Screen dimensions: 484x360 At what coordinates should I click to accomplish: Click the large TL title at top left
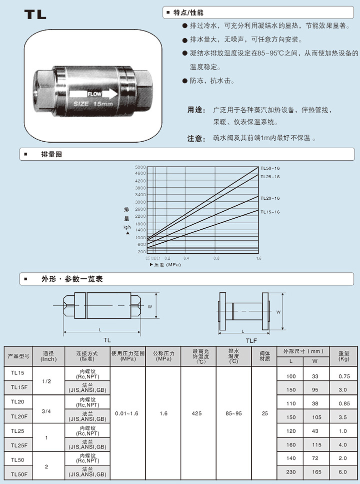[35, 15]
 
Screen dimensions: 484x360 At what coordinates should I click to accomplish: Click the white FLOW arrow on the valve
[93, 94]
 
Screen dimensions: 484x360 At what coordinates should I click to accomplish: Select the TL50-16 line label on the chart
[270, 168]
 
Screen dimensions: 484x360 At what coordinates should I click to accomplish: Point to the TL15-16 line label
[270, 212]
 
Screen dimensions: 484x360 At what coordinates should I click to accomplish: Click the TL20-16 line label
[270, 198]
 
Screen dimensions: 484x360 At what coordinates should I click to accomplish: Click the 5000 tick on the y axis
[140, 167]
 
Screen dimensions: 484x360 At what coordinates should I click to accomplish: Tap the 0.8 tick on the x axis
[216, 258]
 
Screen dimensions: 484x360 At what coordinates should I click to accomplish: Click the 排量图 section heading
[51, 155]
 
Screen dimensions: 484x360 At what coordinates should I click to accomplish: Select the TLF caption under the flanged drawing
[251, 340]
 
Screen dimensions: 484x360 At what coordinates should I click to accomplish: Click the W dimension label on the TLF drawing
[278, 311]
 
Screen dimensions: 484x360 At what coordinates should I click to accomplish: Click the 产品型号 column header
[19, 356]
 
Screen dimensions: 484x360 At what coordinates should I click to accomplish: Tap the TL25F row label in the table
[18, 444]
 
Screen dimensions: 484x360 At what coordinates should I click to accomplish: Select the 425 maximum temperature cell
[198, 414]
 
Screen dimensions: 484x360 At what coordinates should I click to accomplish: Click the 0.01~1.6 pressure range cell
[127, 414]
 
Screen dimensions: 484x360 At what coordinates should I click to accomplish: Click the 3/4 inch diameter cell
[46, 411]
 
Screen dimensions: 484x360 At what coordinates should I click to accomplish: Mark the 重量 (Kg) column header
[343, 356]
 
